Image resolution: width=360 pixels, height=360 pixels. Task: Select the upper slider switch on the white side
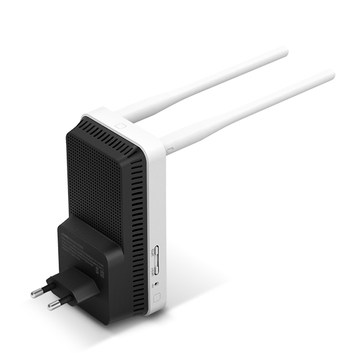pos(155,252)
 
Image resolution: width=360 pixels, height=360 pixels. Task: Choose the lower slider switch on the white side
pos(156,268)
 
